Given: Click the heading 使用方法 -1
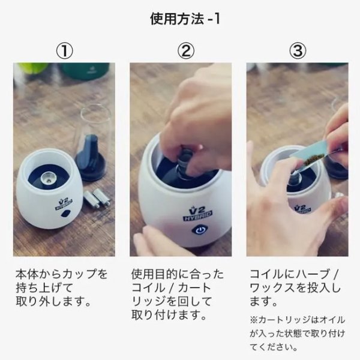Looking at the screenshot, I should [x=180, y=18].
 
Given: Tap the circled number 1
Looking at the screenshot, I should [x=64, y=50].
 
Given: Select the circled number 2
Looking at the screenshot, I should [x=180, y=50].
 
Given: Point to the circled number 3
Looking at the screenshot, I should [x=296, y=50].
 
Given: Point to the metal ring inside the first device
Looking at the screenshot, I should [x=49, y=177].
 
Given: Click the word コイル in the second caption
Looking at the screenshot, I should [x=145, y=288].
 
